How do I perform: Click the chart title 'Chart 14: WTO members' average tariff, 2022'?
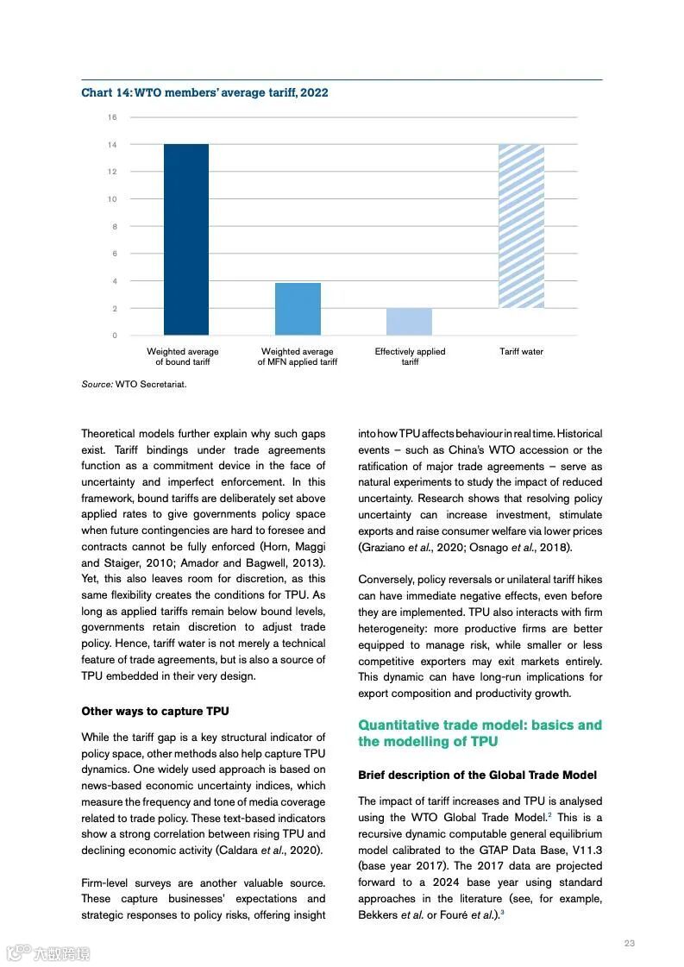click(204, 92)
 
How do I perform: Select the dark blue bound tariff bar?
click(186, 239)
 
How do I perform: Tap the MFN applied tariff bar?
click(298, 309)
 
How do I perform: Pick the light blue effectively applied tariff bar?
click(409, 322)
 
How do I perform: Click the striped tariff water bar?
click(521, 226)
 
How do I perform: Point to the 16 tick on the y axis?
click(112, 117)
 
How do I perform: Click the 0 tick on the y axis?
click(114, 336)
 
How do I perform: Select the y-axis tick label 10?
click(112, 199)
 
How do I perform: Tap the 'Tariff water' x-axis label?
click(521, 352)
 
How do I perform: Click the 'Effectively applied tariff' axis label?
click(410, 356)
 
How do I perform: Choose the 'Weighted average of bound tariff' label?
click(183, 356)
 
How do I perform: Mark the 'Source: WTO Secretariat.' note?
click(134, 384)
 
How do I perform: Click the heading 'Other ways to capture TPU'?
click(155, 712)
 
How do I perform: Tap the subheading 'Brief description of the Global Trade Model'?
click(477, 775)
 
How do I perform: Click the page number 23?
click(629, 943)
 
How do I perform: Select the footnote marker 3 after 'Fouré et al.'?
click(502, 913)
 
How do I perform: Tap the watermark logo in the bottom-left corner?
click(48, 953)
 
